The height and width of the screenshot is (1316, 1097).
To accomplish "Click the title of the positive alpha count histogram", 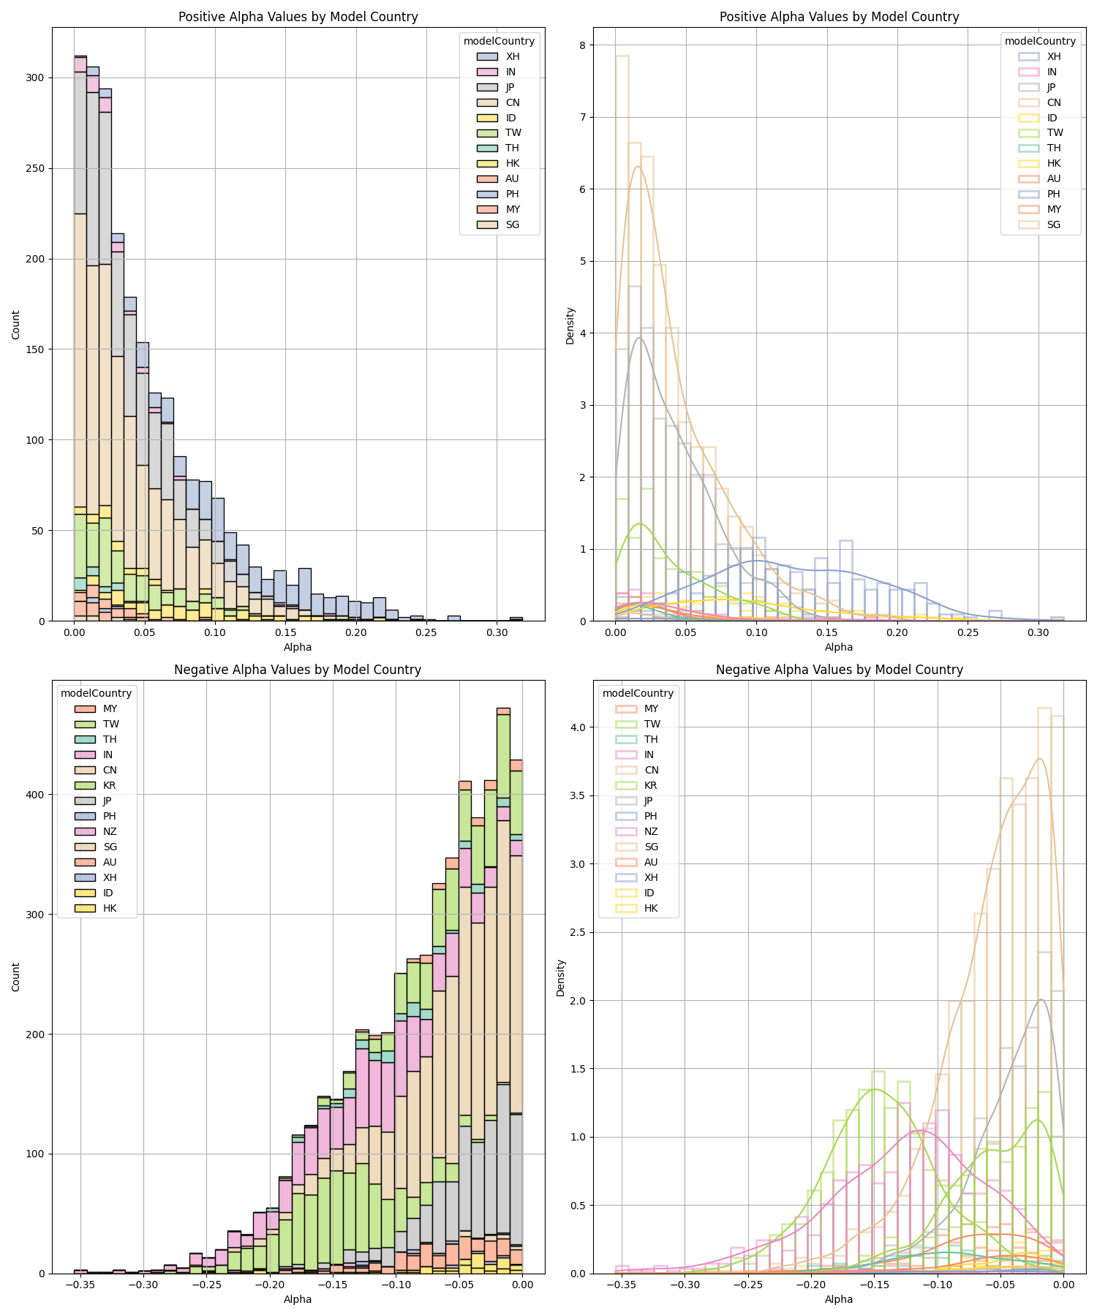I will pos(298,17).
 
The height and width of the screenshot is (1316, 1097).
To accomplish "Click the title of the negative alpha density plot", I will pos(839,670).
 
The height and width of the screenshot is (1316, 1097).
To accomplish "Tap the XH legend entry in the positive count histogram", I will pos(512,56).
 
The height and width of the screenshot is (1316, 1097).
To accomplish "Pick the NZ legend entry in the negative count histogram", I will pos(110,832).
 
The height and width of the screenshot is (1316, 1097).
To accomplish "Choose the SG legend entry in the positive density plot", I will pos(1053,224).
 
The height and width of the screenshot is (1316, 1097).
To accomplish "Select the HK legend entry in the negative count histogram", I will pos(110,909).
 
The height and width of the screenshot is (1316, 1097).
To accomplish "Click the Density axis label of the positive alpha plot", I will pos(570,325).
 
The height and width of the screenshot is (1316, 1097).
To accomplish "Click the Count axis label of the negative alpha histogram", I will pos(16,977).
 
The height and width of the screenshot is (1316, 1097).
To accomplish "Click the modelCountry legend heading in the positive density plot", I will pos(1040,41).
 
